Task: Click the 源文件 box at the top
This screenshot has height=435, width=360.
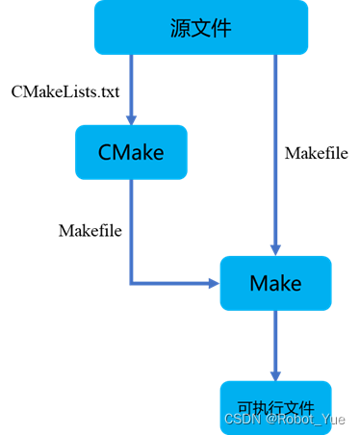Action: pos(200,28)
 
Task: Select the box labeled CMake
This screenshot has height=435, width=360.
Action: pos(131,152)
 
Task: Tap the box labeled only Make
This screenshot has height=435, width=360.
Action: pos(275,283)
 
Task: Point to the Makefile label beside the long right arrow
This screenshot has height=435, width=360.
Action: pos(317,152)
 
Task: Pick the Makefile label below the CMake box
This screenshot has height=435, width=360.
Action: pos(90,230)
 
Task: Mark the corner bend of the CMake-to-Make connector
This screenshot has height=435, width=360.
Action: pos(131,283)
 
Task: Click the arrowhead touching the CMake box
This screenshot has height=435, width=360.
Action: pos(131,118)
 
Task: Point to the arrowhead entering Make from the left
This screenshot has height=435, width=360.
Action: pos(213,283)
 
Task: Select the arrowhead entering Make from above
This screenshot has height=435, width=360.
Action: pos(275,249)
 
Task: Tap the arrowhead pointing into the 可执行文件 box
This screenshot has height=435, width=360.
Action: pos(275,372)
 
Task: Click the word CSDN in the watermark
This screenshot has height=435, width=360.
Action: pos(242,420)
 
